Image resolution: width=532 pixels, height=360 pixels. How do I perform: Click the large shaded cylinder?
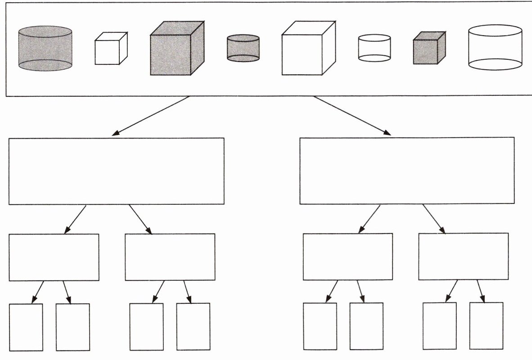coord(45,49)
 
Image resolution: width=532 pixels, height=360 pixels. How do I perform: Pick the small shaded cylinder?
coord(243,48)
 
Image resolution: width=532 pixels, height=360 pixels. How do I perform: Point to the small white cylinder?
coord(374,48)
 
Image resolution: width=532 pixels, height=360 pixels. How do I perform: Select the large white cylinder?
coord(495,47)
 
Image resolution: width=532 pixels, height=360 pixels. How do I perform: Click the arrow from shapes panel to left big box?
coord(151,116)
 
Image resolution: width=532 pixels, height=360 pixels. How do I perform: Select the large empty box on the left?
coord(117,171)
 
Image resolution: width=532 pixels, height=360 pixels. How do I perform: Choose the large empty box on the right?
coord(407,171)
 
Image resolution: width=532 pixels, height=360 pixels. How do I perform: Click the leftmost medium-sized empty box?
coord(54,257)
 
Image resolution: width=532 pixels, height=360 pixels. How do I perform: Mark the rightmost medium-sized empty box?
coord(464,256)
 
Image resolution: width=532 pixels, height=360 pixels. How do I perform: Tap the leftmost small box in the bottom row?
coord(26,327)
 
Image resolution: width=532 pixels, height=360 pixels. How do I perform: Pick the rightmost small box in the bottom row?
coord(486,325)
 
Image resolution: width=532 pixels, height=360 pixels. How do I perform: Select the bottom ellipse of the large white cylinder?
coord(495,64)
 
